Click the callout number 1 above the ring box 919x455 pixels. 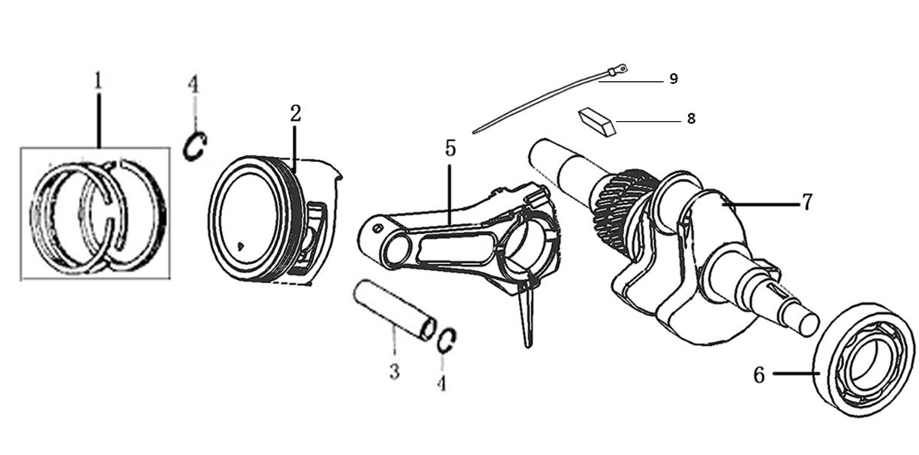click(98, 80)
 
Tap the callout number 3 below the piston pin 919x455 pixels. click(395, 372)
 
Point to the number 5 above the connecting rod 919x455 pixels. click(450, 148)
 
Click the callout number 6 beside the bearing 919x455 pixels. click(759, 375)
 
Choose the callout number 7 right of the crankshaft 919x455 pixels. click(806, 202)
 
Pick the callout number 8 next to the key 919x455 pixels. click(691, 119)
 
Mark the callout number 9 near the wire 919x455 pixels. click(674, 78)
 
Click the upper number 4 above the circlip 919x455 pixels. click(194, 84)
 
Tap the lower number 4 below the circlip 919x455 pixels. click(441, 384)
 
